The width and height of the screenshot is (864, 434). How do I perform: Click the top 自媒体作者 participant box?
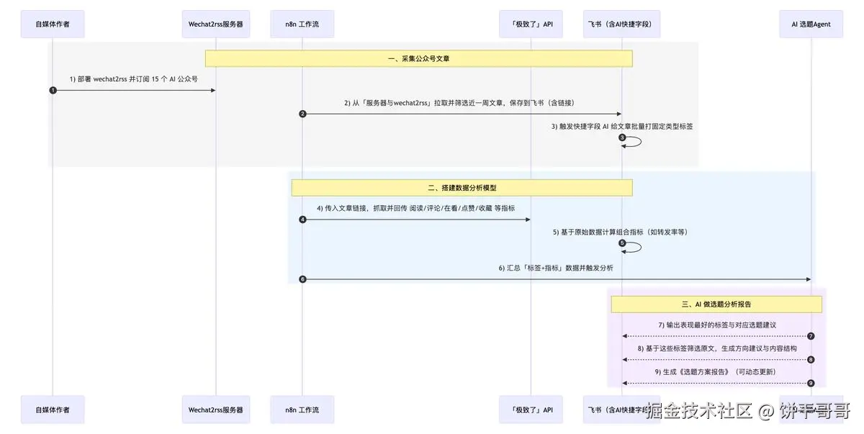pyautogui.click(x=53, y=24)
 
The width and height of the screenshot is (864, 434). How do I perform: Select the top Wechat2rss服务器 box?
pyautogui.click(x=216, y=24)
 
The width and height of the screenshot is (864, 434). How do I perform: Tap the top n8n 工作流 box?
pyautogui.click(x=302, y=24)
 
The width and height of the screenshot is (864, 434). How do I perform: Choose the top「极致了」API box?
pyautogui.click(x=531, y=24)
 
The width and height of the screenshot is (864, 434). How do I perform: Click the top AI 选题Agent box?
pyautogui.click(x=811, y=24)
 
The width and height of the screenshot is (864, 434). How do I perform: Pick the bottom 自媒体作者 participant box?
pyautogui.click(x=53, y=409)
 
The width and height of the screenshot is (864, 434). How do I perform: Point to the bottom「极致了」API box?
pyautogui.click(x=531, y=409)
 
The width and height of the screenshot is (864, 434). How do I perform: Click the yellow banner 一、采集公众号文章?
pyautogui.click(x=418, y=58)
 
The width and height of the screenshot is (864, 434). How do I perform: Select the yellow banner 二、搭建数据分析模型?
pyautogui.click(x=462, y=188)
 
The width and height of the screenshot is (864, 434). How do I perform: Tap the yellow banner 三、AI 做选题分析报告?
pyautogui.click(x=716, y=304)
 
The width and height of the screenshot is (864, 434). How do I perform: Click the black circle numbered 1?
pyautogui.click(x=53, y=90)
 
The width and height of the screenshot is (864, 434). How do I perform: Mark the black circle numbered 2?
pyautogui.click(x=302, y=114)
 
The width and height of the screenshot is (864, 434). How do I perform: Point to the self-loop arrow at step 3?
pyautogui.click(x=634, y=141)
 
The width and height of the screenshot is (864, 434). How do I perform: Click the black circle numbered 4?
pyautogui.click(x=302, y=220)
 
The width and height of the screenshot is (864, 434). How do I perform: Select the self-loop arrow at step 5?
pyautogui.click(x=634, y=247)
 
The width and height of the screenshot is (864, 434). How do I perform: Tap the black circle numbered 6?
pyautogui.click(x=302, y=279)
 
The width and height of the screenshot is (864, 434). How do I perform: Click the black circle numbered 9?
pyautogui.click(x=811, y=383)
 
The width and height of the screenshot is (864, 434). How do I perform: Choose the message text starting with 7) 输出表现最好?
pyautogui.click(x=716, y=325)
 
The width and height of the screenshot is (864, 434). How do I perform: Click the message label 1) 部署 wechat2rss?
pyautogui.click(x=134, y=79)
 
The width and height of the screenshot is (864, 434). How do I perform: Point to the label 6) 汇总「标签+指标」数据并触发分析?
pyautogui.click(x=556, y=268)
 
